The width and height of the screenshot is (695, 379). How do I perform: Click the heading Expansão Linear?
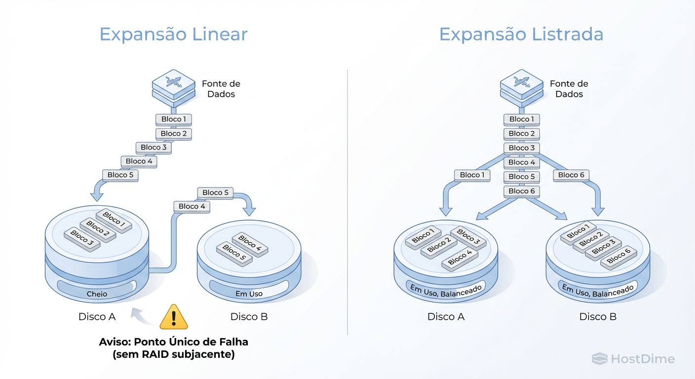pos(173,35)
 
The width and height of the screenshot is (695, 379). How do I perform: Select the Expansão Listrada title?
pos(521,35)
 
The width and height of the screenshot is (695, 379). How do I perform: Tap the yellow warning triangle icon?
pos(174,318)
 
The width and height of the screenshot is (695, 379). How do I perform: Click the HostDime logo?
pos(633,359)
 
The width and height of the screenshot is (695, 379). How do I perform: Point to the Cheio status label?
pos(97,294)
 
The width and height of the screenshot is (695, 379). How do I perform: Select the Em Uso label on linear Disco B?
pos(249,294)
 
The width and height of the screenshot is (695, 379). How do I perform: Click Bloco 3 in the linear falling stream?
pos(154,148)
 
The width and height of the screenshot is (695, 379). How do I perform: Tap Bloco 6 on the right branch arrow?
pos(571,175)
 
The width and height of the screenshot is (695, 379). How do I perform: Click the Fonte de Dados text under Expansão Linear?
pos(221,89)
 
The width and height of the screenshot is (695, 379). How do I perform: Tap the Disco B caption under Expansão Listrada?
pos(598,317)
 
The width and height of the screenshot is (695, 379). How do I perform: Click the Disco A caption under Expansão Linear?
pos(97,317)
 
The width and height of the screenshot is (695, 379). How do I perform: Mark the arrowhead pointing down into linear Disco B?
pos(249,211)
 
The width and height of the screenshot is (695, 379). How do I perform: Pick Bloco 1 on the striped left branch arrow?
pos(472,175)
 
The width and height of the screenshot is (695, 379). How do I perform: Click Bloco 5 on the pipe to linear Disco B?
pos(216,192)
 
